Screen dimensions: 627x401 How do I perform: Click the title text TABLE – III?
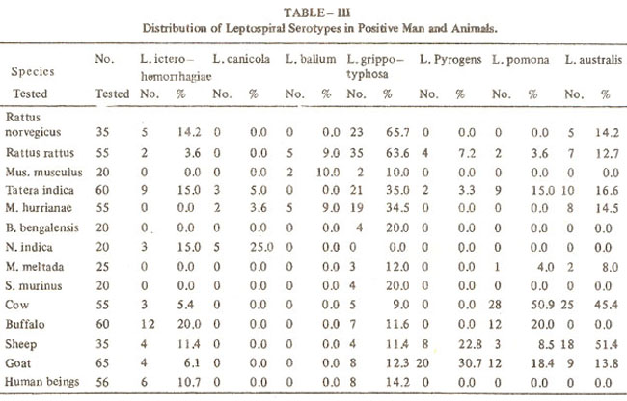(316, 13)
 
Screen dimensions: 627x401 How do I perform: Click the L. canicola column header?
(241, 59)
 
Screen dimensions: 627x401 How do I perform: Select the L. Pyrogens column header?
(450, 60)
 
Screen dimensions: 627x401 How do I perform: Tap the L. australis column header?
(593, 60)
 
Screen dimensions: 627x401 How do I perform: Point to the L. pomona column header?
(520, 60)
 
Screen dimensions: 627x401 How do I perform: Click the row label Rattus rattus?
(40, 153)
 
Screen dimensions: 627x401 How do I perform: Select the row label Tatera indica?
(40, 190)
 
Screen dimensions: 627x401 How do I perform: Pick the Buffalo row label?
(25, 324)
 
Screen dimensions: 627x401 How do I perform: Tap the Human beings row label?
(42, 382)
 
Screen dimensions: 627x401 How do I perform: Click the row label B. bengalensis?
(42, 227)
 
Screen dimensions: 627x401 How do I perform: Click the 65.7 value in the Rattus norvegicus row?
(397, 132)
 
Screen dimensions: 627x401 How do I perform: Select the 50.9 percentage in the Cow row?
(543, 305)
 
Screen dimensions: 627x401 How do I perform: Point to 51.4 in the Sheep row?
(607, 344)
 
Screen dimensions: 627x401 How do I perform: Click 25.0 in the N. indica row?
(261, 247)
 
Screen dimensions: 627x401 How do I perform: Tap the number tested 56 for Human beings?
(102, 382)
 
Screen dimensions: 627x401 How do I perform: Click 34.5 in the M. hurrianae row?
(397, 208)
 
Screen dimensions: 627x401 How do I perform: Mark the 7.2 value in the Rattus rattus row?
(467, 153)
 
